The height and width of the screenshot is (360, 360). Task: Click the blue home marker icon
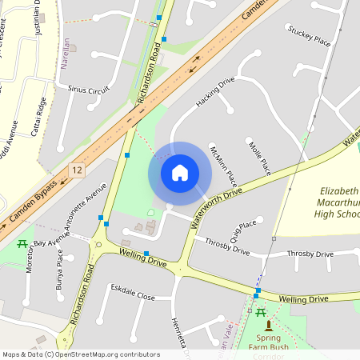pos(180,172)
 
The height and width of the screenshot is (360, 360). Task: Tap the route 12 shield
pos(77,170)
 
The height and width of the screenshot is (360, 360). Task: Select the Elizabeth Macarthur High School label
pos(326,203)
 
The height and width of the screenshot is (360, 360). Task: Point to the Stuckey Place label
pos(310,38)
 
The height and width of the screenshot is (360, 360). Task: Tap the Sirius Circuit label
pos(89,90)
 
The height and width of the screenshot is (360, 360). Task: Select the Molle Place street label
pos(261,158)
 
